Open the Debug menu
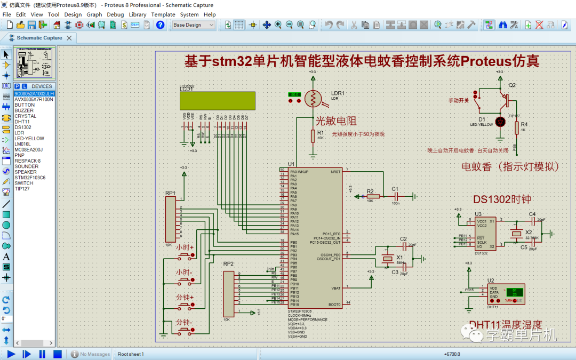tap(115, 14)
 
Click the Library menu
tap(138, 14)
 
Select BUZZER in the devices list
tap(25, 110)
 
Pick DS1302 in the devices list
tap(23, 127)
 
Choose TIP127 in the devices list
tap(22, 188)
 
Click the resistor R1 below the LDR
tap(313, 136)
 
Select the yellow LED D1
tap(500, 122)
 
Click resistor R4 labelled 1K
tap(516, 127)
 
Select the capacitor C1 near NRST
tap(395, 196)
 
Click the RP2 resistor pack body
tap(228, 293)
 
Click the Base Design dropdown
tap(193, 25)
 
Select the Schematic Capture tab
tap(39, 38)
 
